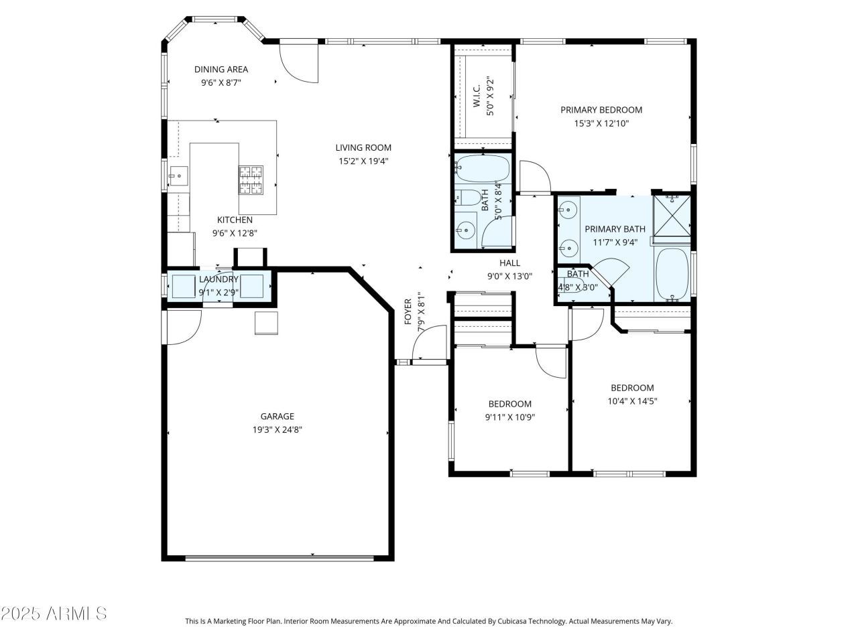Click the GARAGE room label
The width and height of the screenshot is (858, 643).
coord(277,417)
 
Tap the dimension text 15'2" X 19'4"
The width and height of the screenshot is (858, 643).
coord(363,161)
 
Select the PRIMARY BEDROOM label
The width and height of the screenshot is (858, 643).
coord(601,110)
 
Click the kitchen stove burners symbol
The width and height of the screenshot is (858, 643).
coord(251,180)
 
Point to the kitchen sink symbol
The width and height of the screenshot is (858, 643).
coord(178,176)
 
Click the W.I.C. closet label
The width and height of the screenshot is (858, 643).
coord(477,96)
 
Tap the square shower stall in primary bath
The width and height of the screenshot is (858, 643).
coord(672,215)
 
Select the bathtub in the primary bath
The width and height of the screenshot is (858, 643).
coord(672,274)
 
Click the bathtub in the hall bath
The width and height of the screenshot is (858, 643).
coord(481,169)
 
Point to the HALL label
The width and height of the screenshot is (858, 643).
coord(509,263)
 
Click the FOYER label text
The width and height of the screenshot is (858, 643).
coord(408,311)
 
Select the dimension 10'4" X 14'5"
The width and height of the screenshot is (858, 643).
coord(632,401)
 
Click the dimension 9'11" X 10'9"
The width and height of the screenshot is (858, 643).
coord(510,417)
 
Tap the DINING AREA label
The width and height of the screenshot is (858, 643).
coord(221,70)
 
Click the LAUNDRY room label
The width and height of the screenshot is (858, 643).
coord(219,279)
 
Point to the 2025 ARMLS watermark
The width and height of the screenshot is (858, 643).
coord(54,613)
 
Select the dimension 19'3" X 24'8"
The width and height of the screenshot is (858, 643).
coord(277,430)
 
